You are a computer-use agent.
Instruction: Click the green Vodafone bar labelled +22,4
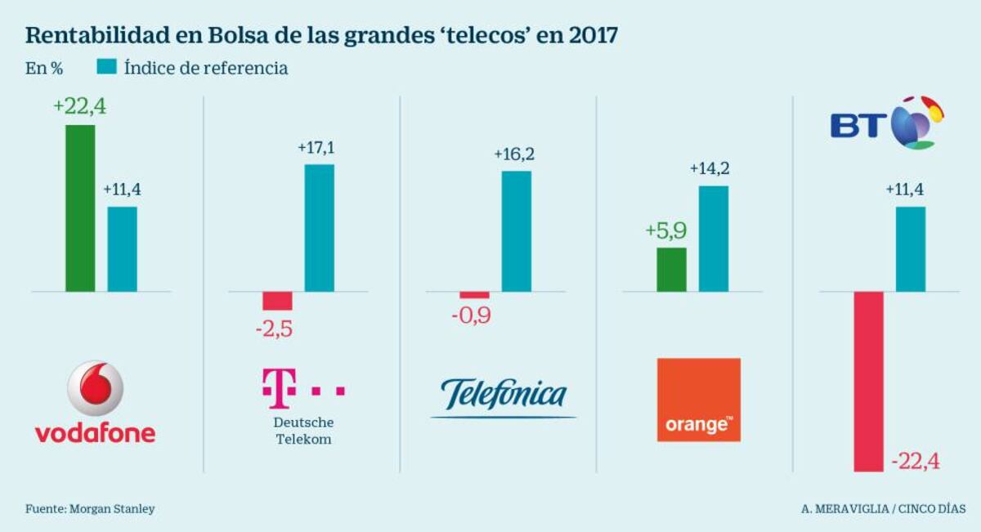(x=80, y=208)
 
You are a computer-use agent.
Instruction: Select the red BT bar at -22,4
(x=868, y=381)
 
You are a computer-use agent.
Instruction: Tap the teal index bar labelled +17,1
(x=320, y=228)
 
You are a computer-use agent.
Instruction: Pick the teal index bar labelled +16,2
(x=516, y=231)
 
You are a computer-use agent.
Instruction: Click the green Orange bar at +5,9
(x=671, y=269)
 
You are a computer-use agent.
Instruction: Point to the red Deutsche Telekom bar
(x=277, y=301)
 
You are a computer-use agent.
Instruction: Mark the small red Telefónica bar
(x=474, y=295)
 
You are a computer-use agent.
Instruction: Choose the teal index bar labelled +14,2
(x=713, y=239)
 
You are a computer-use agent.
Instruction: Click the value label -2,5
(x=275, y=330)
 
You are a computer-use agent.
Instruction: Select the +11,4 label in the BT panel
(x=906, y=190)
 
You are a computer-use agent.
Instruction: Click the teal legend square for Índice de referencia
(x=106, y=68)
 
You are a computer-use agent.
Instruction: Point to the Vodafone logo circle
(x=95, y=388)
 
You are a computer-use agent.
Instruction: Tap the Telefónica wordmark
(x=504, y=396)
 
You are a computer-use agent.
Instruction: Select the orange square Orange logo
(x=699, y=400)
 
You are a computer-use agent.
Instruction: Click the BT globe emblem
(x=914, y=123)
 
